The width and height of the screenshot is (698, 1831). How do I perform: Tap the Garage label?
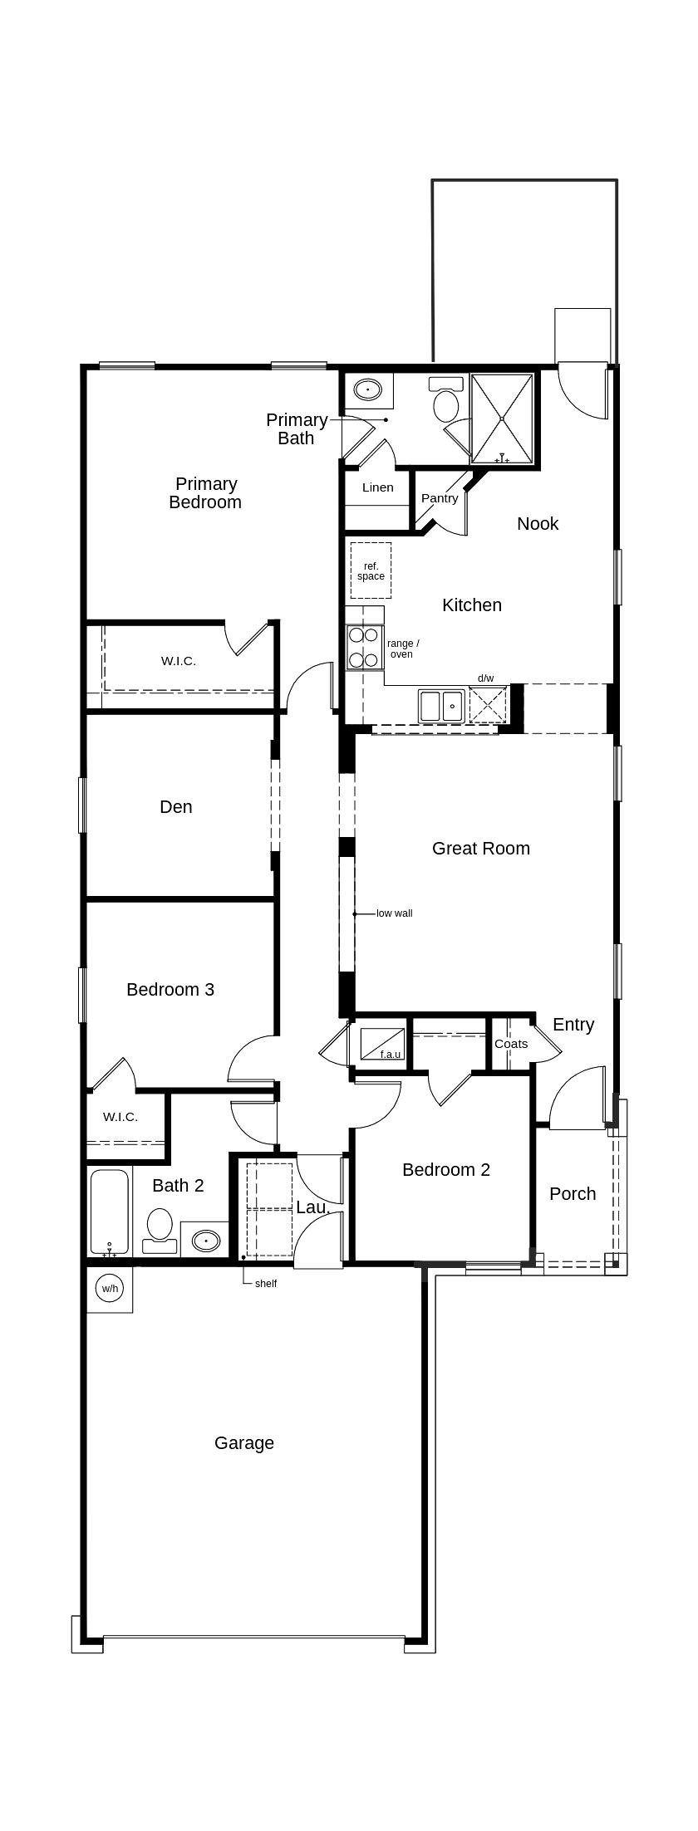pyautogui.click(x=244, y=1442)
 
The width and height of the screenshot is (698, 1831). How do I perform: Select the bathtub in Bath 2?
pyautogui.click(x=110, y=1212)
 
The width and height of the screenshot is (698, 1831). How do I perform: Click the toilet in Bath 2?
pyautogui.click(x=160, y=1230)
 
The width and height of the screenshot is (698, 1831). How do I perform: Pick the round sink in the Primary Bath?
pyautogui.click(x=367, y=389)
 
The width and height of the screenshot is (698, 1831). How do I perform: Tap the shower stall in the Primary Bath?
pyautogui.click(x=502, y=419)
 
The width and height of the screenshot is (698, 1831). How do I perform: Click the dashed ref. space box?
pyautogui.click(x=371, y=570)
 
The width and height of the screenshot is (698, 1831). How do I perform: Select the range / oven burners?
pyautogui.click(x=363, y=648)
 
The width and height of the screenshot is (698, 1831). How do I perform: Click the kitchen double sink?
pyautogui.click(x=441, y=706)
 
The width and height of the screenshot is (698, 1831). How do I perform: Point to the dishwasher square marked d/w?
pyautogui.click(x=487, y=706)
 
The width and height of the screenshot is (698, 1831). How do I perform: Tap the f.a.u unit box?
pyautogui.click(x=382, y=1044)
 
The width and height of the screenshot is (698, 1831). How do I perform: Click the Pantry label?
pyautogui.click(x=440, y=498)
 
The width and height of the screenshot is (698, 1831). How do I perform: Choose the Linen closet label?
pyautogui.click(x=378, y=487)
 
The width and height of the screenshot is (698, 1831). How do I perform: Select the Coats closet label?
pyautogui.click(x=511, y=1044)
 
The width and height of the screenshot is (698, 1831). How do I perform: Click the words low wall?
pyautogui.click(x=395, y=913)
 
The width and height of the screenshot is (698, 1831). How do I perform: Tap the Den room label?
pyautogui.click(x=176, y=806)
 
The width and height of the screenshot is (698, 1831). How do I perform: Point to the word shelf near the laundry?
pyautogui.click(x=266, y=1283)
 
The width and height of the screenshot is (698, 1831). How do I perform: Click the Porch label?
pyautogui.click(x=573, y=1193)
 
